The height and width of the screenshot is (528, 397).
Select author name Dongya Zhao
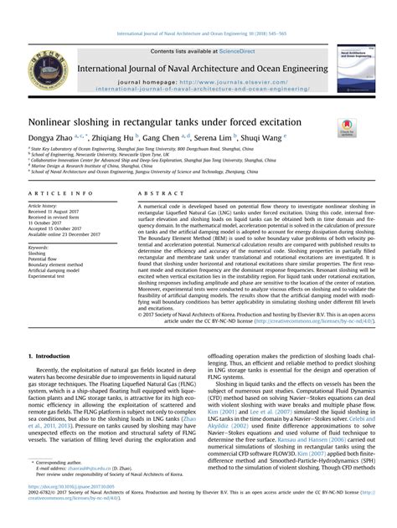pyautogui.click(x=49, y=136)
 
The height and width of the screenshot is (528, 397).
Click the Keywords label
pyautogui.click(x=39, y=249)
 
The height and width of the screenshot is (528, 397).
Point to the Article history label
pyautogui.click(x=43, y=205)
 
